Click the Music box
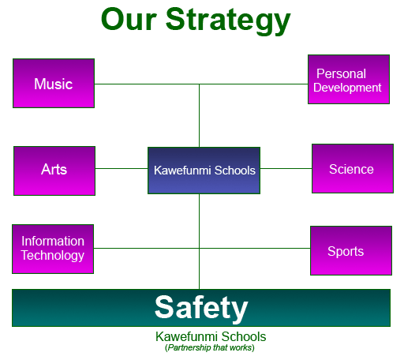54,83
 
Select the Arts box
54,171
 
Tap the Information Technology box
53,249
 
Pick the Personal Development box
349,79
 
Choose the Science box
353,168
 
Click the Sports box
351,250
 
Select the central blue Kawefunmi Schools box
204,171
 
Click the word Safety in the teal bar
201,308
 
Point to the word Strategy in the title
228,21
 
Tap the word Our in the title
129,19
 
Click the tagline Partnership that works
210,347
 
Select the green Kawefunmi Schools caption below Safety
211,336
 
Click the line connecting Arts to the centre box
122,168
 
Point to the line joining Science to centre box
286,168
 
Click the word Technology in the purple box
53,255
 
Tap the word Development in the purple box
347,88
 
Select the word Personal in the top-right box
341,73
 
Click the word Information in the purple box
53,241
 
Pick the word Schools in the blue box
235,171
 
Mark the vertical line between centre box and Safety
200,242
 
